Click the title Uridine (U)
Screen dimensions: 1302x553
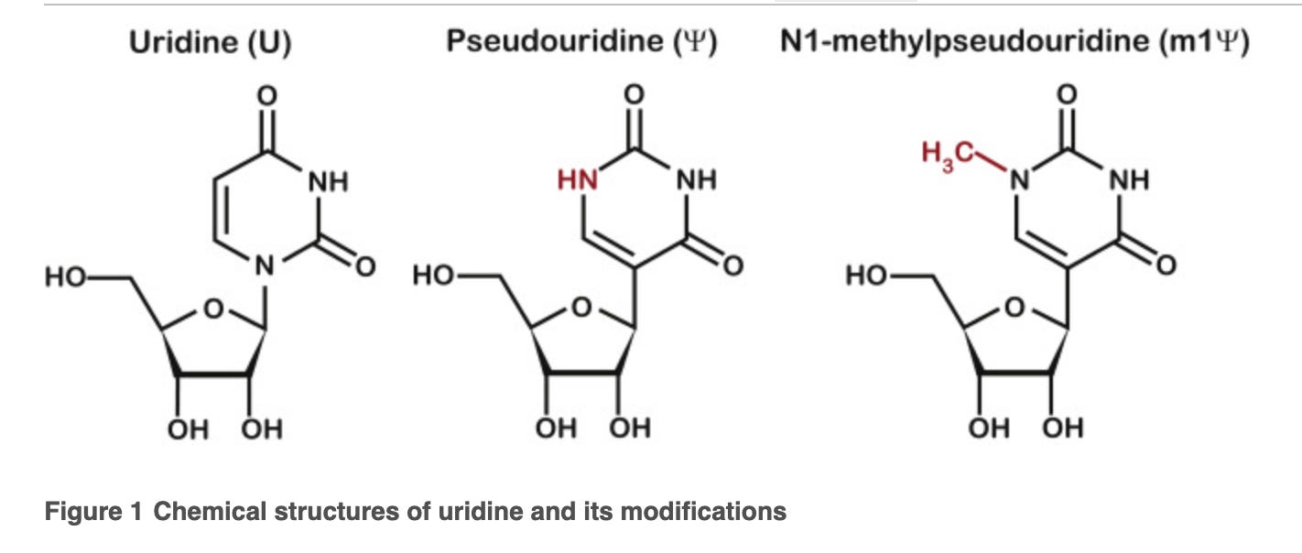click(210, 44)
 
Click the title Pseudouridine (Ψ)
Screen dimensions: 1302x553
click(580, 44)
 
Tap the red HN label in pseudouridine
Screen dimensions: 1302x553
click(577, 180)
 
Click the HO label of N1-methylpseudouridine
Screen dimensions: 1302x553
click(866, 275)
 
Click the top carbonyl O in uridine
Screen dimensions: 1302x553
click(266, 94)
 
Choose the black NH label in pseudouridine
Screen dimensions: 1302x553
click(696, 180)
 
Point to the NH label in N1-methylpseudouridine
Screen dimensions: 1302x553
click(1129, 180)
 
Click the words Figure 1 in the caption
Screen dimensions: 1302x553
click(93, 512)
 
